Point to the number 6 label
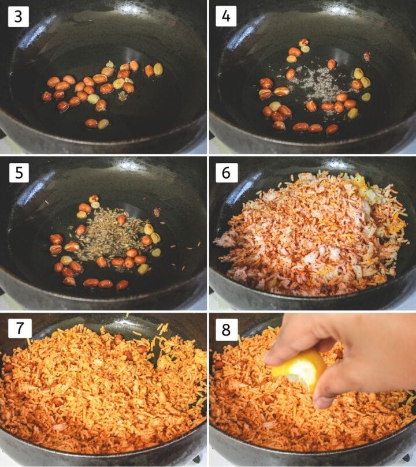[x=226, y=173]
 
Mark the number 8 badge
[x=226, y=328]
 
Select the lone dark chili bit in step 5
[x=157, y=212]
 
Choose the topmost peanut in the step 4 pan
[x=303, y=42]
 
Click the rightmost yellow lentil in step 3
[x=158, y=69]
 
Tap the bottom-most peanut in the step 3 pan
[x=91, y=123]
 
